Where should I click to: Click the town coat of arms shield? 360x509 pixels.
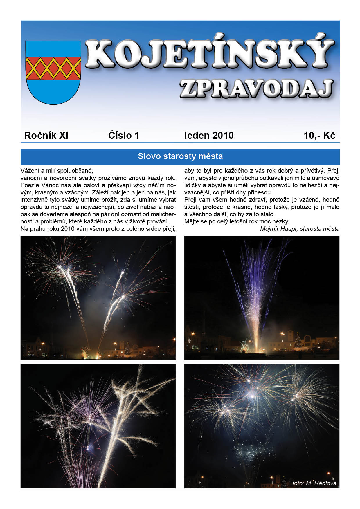coord(53,73)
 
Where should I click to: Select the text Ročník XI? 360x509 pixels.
coord(46,136)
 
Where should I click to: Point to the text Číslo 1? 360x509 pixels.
coord(124,136)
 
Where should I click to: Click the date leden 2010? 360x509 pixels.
coord(209,136)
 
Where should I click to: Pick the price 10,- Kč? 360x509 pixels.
coord(319,136)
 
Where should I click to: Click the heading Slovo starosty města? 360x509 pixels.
coord(180,156)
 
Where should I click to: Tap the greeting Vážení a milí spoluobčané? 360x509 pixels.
coord(57,171)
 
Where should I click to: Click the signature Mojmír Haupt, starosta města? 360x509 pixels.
coord(300,229)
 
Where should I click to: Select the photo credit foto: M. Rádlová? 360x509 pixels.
coord(314,483)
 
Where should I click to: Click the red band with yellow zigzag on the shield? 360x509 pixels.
coord(53,68)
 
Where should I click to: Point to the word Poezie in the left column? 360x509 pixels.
coord(29,185)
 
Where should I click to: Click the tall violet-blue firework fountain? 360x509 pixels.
coord(255,290)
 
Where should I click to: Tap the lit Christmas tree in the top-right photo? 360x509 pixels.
coord(298,340)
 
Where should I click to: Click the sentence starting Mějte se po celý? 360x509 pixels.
coord(237,221)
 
